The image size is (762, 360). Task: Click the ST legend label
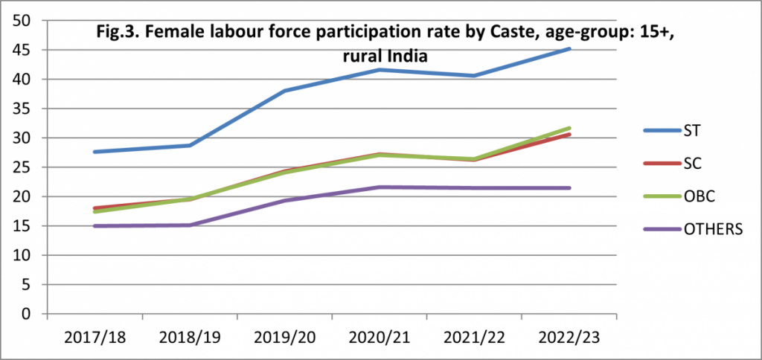coord(692,131)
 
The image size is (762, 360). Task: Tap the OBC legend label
coord(697,196)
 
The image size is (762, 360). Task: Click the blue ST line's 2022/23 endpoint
coord(569,49)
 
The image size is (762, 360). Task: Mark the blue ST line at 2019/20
coord(285,91)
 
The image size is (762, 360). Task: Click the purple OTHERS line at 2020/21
coord(380,187)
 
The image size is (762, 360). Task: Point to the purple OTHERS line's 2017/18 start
coord(95,225)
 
